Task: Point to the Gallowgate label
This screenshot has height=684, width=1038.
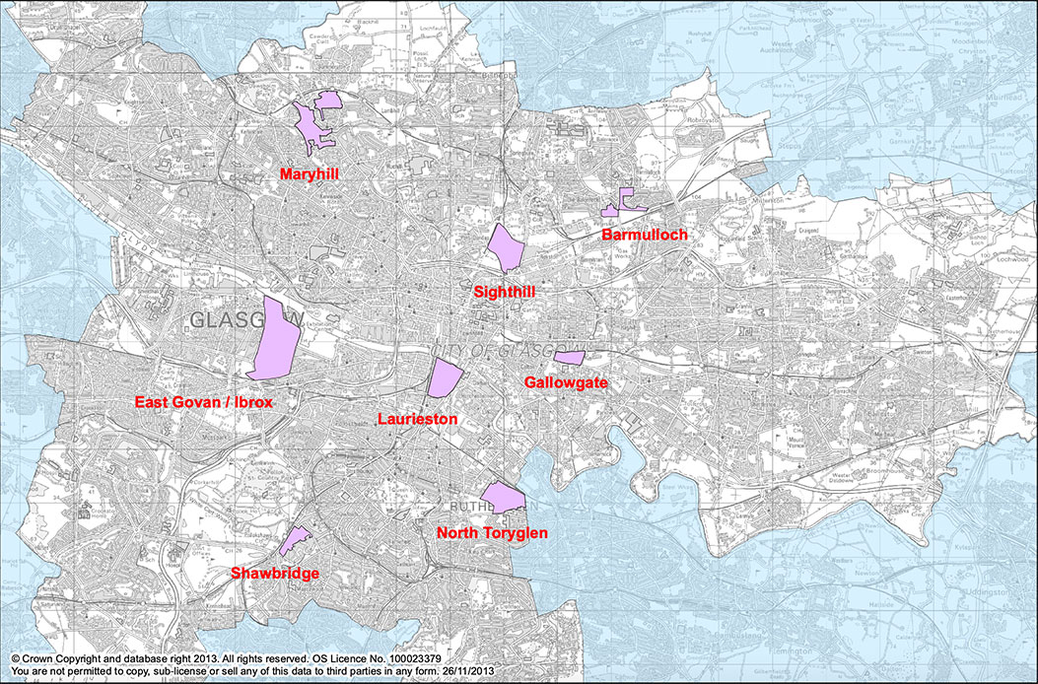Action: tap(566, 381)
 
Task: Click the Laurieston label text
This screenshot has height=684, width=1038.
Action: tap(418, 419)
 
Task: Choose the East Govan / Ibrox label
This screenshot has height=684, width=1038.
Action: tap(203, 402)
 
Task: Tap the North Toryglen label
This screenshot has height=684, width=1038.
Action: tap(492, 533)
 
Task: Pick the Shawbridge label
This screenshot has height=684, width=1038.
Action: tap(274, 573)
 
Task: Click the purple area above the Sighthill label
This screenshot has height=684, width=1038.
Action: tap(505, 247)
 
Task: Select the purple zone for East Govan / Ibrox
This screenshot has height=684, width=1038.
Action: tap(276, 338)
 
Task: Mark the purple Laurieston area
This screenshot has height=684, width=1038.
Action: tap(444, 378)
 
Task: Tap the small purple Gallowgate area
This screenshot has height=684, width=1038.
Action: tap(570, 357)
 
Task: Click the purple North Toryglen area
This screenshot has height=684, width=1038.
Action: tap(502, 498)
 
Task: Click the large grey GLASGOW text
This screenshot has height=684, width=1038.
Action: tap(242, 321)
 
